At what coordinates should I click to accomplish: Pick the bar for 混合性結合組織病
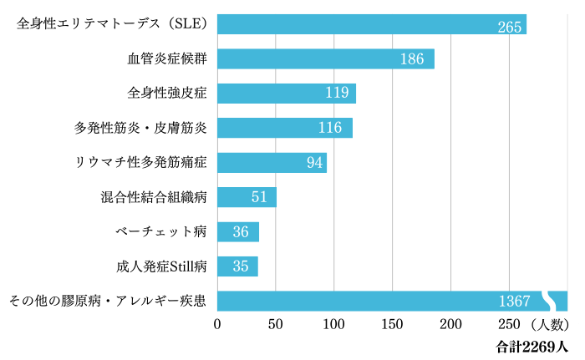point(246,197)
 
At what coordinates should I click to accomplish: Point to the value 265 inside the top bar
point(509,26)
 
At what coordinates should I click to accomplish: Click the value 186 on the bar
point(412,59)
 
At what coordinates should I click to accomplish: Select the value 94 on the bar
point(314,162)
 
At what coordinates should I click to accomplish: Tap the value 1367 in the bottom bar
point(515,302)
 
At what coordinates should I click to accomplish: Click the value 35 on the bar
point(241,267)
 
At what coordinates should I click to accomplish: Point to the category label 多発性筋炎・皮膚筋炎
point(140,128)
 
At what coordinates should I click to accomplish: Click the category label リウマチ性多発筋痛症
point(140,162)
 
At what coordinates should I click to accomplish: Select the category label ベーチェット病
point(161,231)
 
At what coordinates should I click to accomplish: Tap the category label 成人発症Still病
point(161,266)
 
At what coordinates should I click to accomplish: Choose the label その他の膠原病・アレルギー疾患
point(107,301)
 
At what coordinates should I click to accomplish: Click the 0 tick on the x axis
point(218,324)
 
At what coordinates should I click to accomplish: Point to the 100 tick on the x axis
point(334,324)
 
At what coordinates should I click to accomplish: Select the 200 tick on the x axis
point(451,324)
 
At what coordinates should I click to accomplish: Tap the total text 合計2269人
point(532,344)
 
